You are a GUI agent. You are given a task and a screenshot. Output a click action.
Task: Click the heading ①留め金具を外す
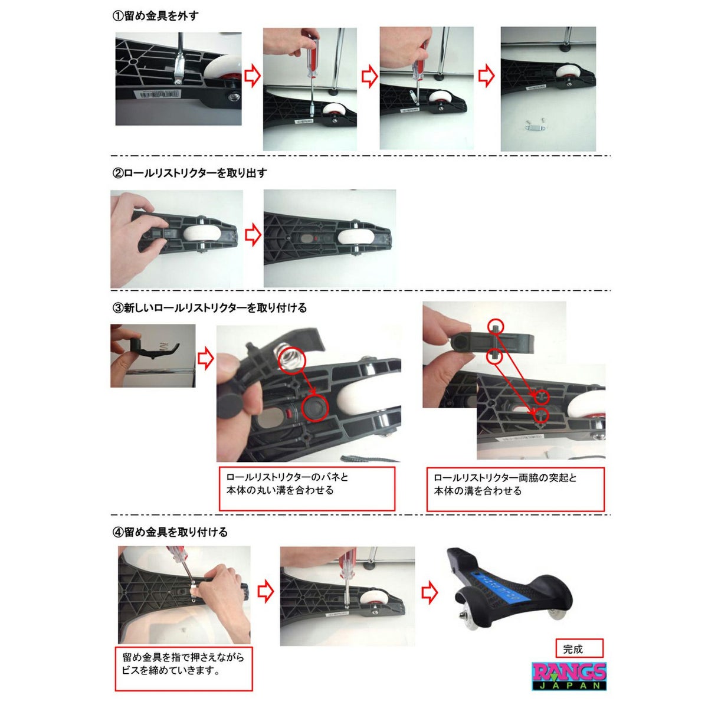[x=156, y=16]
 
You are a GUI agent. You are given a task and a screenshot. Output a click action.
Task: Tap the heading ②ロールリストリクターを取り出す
[x=189, y=173]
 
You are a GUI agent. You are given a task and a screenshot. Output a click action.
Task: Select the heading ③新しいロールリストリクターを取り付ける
[x=209, y=307]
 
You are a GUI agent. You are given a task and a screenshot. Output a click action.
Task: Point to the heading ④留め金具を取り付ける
[x=170, y=532]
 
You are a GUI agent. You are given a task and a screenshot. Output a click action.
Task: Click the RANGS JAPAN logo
[x=569, y=676]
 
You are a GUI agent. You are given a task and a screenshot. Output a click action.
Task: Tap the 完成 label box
[x=579, y=648]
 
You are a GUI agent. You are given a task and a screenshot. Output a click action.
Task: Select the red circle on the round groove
[x=314, y=408]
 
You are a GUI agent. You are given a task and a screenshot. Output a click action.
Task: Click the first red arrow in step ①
[x=253, y=76]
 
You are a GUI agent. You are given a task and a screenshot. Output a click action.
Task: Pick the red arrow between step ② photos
[x=253, y=235]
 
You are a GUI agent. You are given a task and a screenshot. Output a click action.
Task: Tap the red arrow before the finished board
[x=430, y=592]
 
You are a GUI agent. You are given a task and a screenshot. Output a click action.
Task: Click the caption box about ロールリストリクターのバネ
[x=307, y=489]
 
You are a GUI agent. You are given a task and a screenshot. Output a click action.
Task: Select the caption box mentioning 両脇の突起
[x=515, y=489]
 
